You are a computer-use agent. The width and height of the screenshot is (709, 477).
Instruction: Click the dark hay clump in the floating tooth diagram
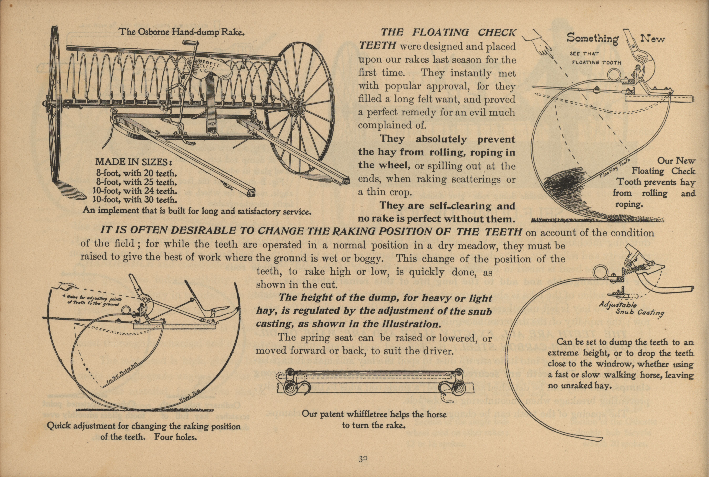564,183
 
